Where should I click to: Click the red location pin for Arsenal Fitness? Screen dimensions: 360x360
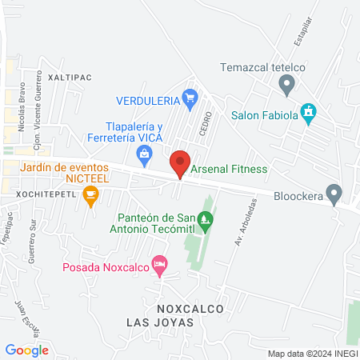click(180, 164)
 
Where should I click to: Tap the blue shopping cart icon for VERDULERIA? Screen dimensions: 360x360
click(190, 100)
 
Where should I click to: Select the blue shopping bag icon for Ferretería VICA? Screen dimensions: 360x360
click(145, 153)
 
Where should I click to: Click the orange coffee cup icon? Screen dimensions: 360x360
click(91, 194)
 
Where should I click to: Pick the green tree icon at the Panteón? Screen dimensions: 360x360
click(206, 218)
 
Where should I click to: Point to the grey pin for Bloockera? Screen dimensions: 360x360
click(335, 194)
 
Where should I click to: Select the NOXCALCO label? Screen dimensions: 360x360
click(189, 308)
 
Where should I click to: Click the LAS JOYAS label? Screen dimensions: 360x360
click(160, 322)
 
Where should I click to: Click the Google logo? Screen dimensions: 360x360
click(26, 350)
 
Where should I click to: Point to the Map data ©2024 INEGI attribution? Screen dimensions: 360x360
click(313, 354)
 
